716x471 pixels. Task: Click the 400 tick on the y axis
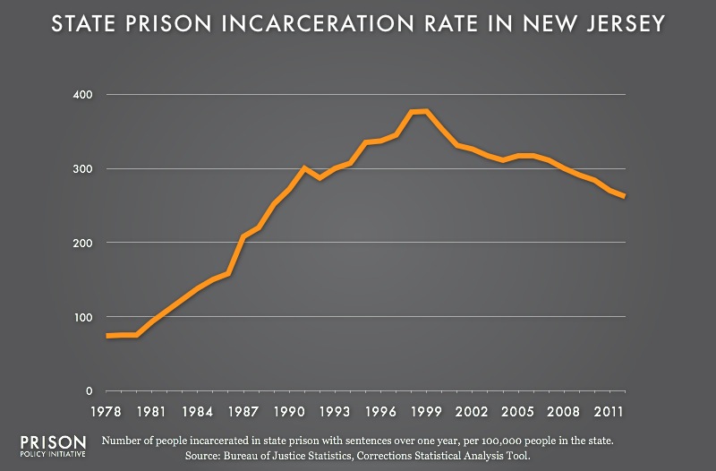pos(79,95)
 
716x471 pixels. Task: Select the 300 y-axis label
pos(79,169)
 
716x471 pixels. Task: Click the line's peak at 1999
pos(426,111)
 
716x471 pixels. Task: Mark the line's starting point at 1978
pos(107,336)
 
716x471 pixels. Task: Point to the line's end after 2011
pos(624,196)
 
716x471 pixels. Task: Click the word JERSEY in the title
pos(619,24)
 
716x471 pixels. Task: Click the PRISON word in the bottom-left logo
pos(52,443)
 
